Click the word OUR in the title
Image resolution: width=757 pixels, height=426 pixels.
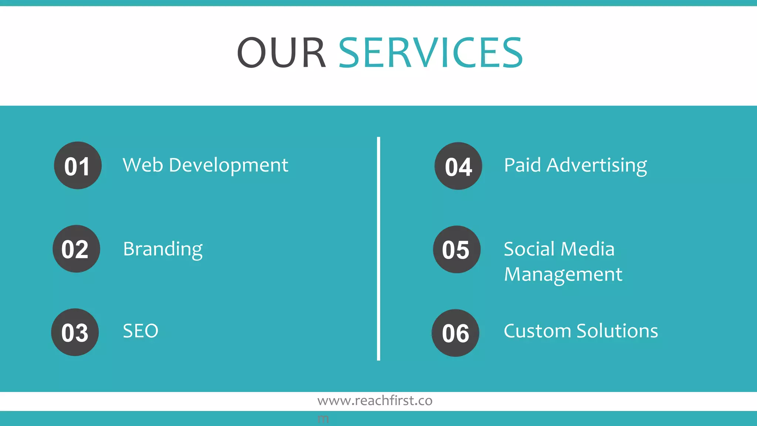pyautogui.click(x=281, y=53)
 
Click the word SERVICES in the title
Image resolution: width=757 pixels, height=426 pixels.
pyautogui.click(x=431, y=53)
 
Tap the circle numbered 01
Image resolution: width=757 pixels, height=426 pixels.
pyautogui.click(x=78, y=165)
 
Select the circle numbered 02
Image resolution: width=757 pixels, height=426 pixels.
pyautogui.click(x=76, y=249)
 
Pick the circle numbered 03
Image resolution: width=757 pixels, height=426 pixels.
pyautogui.click(x=75, y=332)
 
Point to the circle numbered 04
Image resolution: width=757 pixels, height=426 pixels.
pyautogui.click(x=458, y=166)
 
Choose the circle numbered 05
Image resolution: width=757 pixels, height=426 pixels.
pyautogui.click(x=457, y=250)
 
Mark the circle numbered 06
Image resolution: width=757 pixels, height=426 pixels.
pyautogui.click(x=455, y=333)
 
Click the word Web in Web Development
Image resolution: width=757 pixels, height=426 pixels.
pyautogui.click(x=143, y=165)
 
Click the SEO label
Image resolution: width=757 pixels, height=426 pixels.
pyautogui.click(x=140, y=331)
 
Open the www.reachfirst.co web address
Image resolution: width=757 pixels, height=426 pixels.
pyautogui.click(x=375, y=400)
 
